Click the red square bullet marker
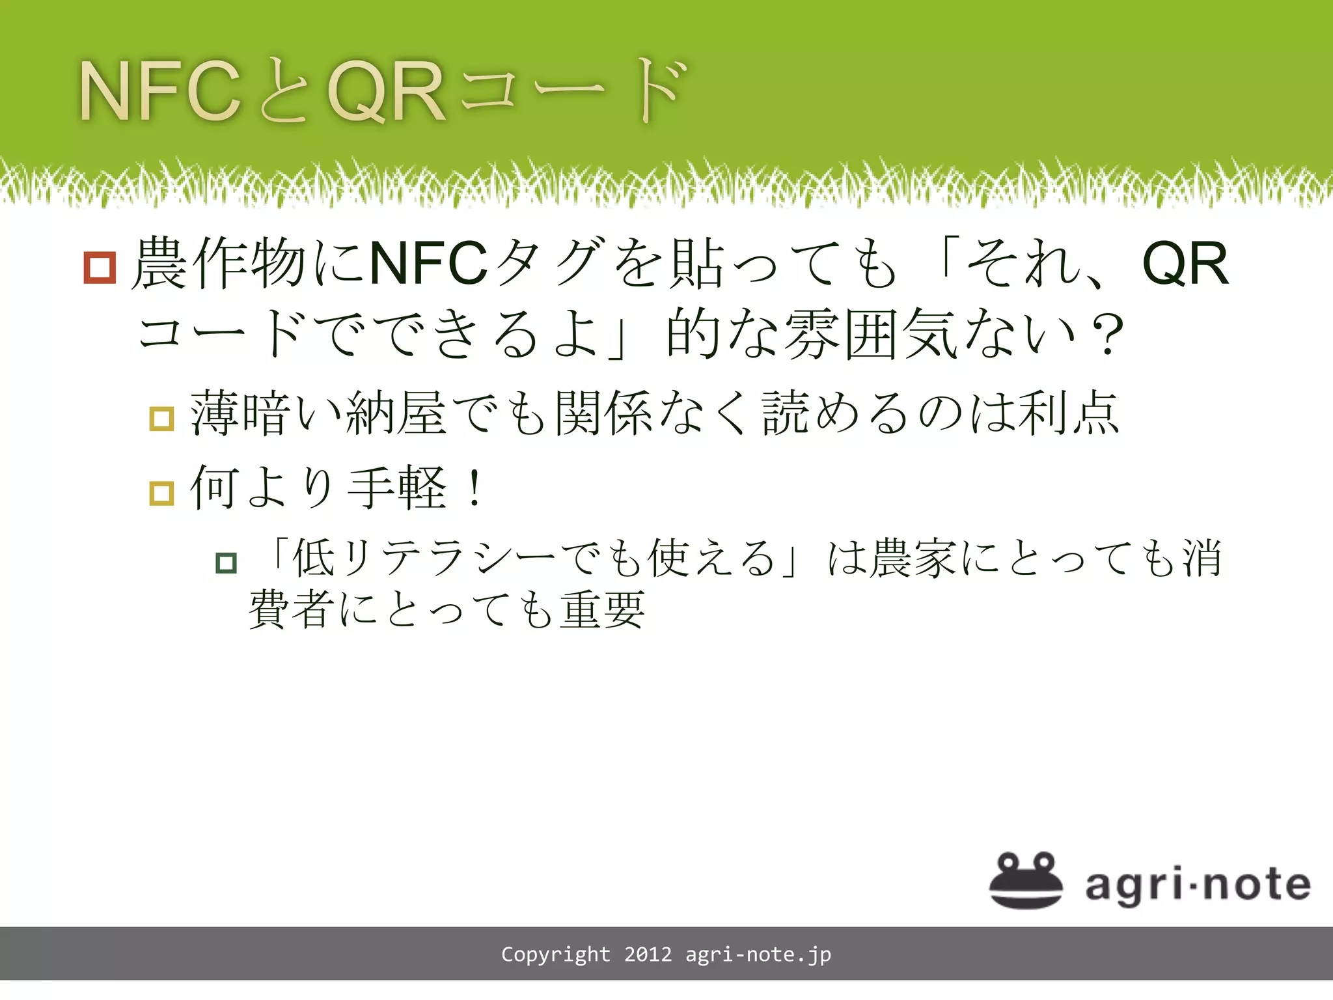pos(100,268)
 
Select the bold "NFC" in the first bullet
pos(428,264)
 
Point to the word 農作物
pos(219,264)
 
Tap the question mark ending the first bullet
pos(1107,335)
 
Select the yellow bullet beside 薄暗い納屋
pos(161,419)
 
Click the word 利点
pos(1069,414)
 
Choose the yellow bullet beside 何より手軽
pos(161,493)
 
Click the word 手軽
pos(397,488)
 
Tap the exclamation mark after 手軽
pos(476,488)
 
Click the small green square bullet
pos(226,562)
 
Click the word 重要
pos(603,611)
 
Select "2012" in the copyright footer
pos(648,954)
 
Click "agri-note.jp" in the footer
pos(758,954)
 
